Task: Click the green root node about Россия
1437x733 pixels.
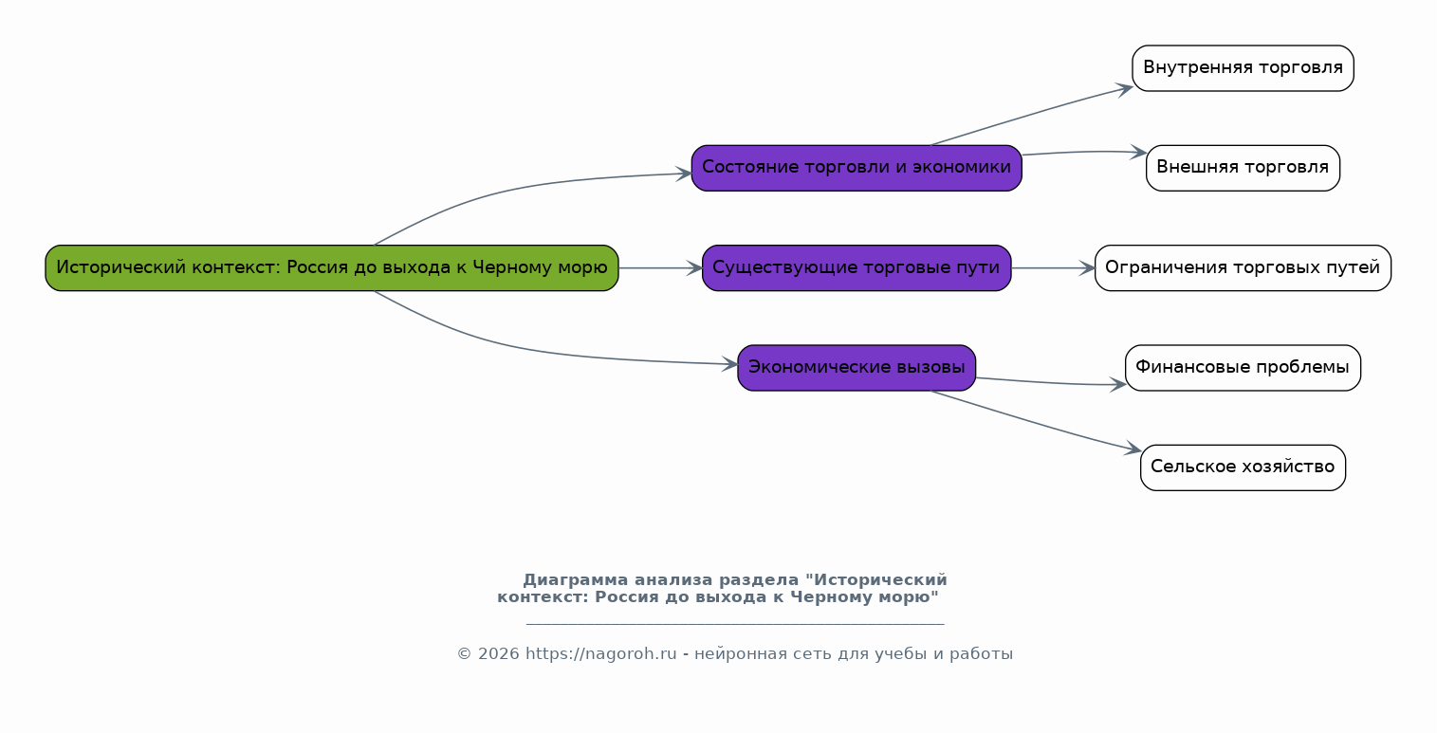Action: (332, 268)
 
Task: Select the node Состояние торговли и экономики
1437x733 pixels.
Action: (857, 168)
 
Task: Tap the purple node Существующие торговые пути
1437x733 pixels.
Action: (857, 268)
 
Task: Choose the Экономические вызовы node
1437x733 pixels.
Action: (857, 368)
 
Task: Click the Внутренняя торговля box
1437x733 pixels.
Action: (1243, 68)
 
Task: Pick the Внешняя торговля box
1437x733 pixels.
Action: (1243, 168)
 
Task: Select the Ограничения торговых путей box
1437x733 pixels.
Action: (1243, 268)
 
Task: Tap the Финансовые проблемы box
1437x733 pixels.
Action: (1243, 368)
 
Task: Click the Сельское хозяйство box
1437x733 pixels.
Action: (1243, 468)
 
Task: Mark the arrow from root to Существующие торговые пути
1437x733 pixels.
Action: (661, 268)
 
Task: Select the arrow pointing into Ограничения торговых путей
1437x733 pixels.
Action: (1054, 268)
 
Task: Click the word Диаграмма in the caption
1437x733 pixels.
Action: (576, 580)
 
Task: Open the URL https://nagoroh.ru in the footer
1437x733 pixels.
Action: (600, 654)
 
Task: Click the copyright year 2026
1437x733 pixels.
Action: (499, 654)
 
